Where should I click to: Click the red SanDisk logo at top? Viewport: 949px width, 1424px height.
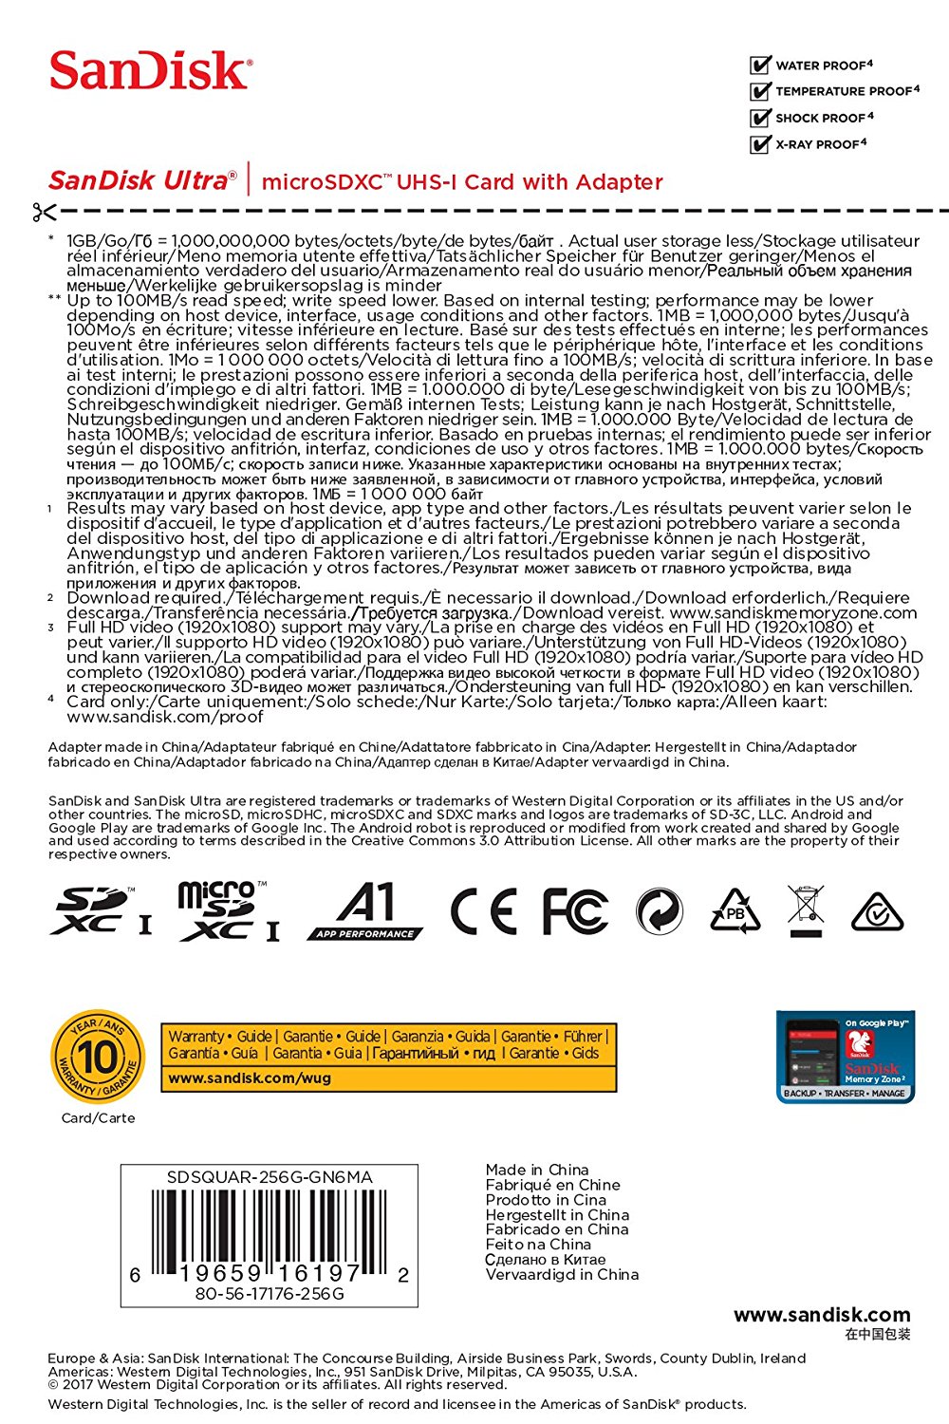pos(151,71)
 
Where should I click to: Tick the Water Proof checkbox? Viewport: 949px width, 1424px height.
pos(760,66)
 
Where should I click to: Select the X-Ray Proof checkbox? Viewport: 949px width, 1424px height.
pos(760,144)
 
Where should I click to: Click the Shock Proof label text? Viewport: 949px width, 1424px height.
pos(823,118)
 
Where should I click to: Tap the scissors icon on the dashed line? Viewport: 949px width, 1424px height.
pos(44,211)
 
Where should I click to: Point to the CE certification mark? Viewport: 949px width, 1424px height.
pos(483,912)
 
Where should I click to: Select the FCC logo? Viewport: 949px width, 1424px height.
pos(574,912)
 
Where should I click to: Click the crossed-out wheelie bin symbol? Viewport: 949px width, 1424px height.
pos(805,909)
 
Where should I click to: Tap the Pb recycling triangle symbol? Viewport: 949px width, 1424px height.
pos(735,911)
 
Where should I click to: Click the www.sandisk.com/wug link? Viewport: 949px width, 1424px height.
pos(250,1078)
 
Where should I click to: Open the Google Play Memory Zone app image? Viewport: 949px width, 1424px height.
pos(845,1057)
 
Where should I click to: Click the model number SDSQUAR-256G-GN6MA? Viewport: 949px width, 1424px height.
pos(270,1177)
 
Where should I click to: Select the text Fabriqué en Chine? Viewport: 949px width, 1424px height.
pos(552,1185)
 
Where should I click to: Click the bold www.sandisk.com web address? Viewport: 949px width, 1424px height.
pos(822,1315)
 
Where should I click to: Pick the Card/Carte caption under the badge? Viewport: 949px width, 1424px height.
pos(98,1117)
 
